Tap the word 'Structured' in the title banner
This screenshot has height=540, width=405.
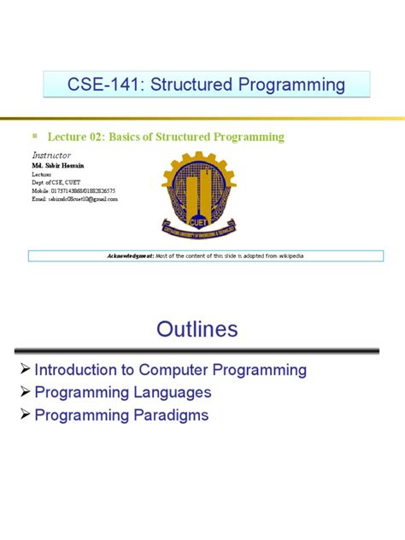coord(185,85)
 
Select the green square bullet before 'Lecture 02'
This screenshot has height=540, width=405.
coord(35,136)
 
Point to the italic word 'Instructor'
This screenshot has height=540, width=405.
coord(51,155)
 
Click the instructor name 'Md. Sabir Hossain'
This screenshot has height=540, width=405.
coord(58,165)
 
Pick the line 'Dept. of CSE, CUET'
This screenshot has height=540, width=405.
coord(59,181)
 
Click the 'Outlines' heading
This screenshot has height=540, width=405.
coord(197,330)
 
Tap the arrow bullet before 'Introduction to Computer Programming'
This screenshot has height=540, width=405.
coord(25,370)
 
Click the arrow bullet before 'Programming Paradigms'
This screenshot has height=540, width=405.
coord(25,415)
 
